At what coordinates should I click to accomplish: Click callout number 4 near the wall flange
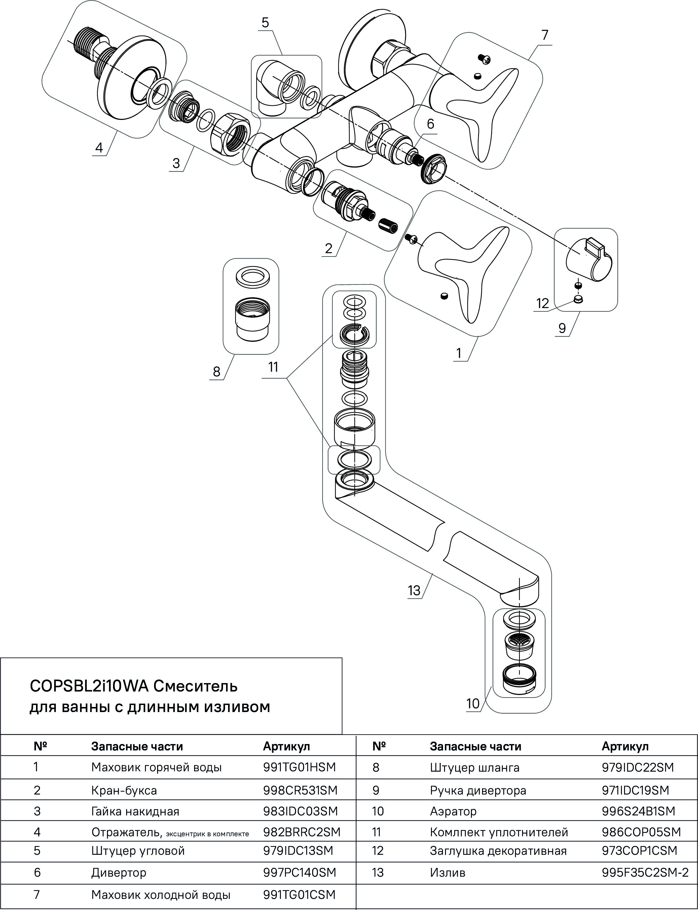pos(99,147)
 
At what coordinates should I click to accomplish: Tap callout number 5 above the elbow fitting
pos(265,23)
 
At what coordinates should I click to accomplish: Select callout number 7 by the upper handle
pos(545,35)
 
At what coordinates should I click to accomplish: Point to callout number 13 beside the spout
pos(414,590)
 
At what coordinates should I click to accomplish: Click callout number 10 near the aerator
pos(473,704)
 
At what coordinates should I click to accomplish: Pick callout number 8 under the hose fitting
pos(216,371)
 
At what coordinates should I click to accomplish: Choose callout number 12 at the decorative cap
pos(543,303)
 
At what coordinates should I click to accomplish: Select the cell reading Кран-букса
pos(124,790)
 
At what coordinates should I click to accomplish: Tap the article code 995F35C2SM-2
pos(645,872)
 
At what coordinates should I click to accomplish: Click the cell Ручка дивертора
pos(478,790)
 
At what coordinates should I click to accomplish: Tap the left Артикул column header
pos(286,746)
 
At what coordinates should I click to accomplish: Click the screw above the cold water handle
pos(484,60)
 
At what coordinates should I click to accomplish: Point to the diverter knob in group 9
pos(589,258)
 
